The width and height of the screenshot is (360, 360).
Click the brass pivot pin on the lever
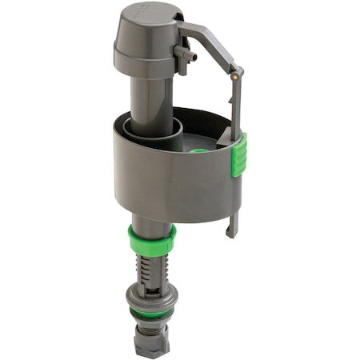[x=234, y=78]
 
